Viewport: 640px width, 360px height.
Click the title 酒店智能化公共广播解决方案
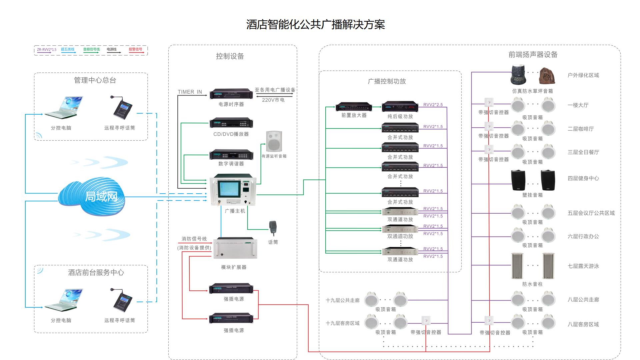coord(315,24)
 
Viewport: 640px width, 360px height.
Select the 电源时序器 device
coord(231,94)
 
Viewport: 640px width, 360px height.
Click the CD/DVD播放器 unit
coord(231,123)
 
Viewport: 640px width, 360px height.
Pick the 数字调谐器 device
coord(231,155)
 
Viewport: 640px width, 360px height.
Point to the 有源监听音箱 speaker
coord(274,141)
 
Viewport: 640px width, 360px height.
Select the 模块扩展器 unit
coord(235,248)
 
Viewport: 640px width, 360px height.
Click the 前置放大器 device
coord(354,107)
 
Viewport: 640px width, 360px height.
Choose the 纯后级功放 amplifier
coord(400,107)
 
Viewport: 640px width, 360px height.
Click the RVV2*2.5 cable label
coord(433,105)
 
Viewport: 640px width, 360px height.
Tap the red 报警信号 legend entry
coord(135,50)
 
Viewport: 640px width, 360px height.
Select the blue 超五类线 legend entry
coord(68,50)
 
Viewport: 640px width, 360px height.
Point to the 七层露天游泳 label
coord(583,266)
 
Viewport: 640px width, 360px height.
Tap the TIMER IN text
coord(190,92)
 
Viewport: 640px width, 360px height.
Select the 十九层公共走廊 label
coord(342,300)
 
